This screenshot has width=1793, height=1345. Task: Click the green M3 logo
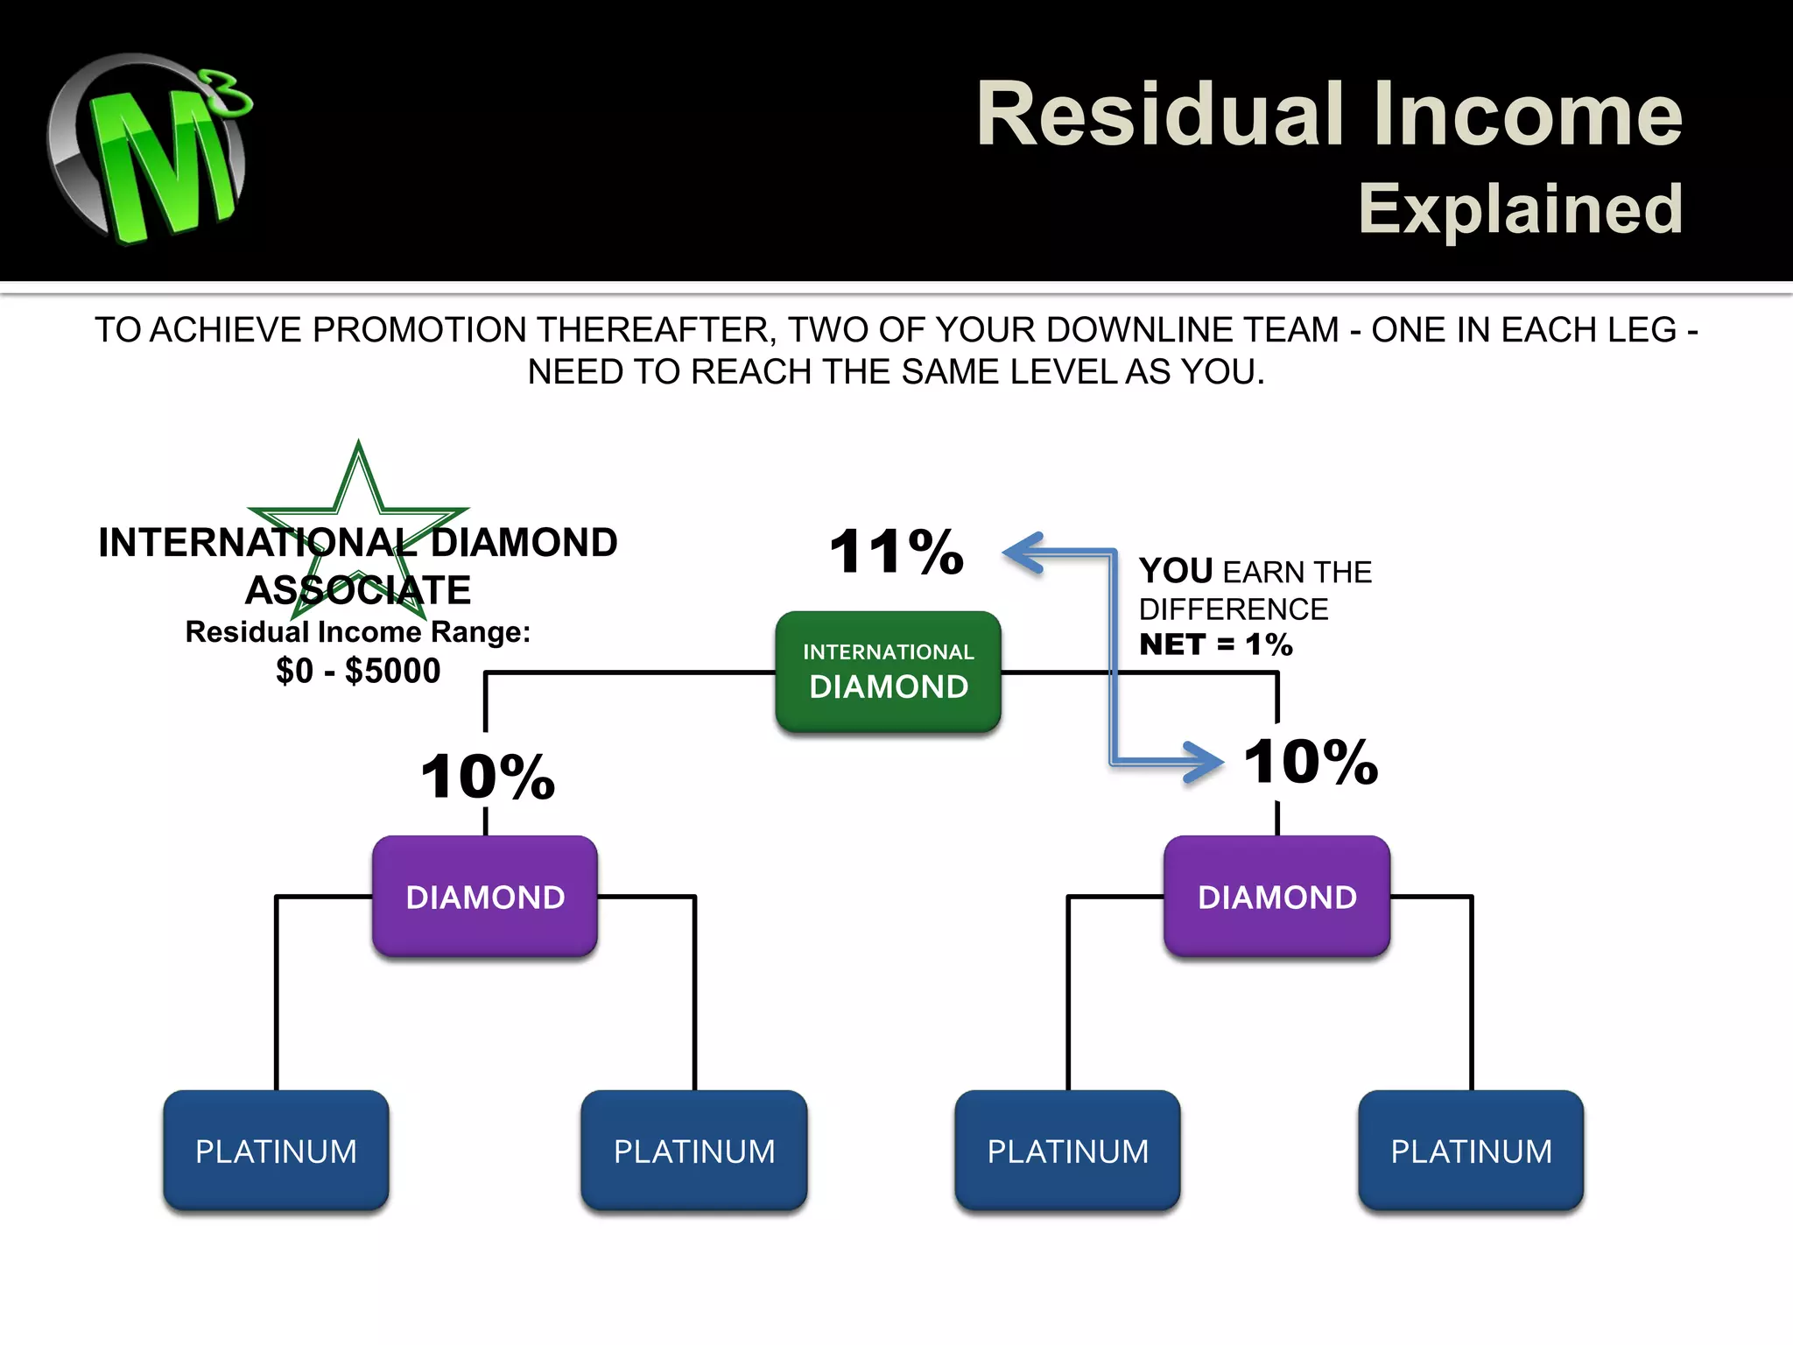[x=149, y=149]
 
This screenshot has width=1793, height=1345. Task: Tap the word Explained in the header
[x=1520, y=209]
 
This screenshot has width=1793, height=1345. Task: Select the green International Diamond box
[x=888, y=671]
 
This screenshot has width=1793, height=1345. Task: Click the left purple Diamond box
[x=485, y=896]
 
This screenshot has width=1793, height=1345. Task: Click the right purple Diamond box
[x=1276, y=896]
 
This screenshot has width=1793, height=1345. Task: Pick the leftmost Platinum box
[x=276, y=1150]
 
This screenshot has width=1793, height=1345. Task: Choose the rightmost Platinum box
[x=1471, y=1150]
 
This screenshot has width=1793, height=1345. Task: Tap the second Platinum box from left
[x=694, y=1150]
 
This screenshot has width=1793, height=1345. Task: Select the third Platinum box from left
[x=1067, y=1150]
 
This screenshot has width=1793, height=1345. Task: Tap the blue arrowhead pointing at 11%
[x=1022, y=553]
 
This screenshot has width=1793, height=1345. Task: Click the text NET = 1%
[x=1215, y=644]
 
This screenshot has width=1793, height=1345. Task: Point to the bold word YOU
[x=1176, y=571]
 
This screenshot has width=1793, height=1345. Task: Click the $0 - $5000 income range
[x=358, y=671]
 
